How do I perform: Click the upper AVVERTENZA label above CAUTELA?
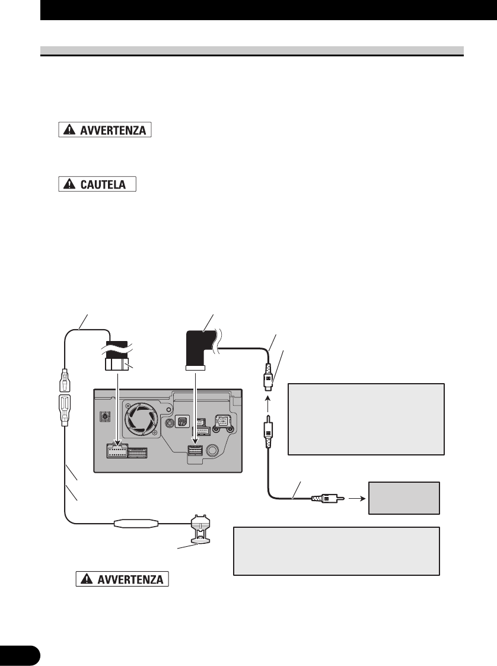pyautogui.click(x=106, y=130)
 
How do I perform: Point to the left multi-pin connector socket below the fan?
pyautogui.click(x=117, y=453)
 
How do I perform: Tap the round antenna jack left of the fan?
pyautogui.click(x=106, y=417)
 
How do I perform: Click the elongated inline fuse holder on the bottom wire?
pyautogui.click(x=136, y=524)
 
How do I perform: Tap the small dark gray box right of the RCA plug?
pyautogui.click(x=404, y=498)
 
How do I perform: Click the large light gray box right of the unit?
pyautogui.click(x=365, y=419)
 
